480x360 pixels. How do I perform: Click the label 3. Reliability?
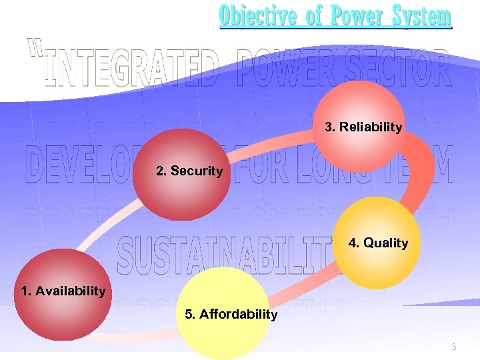(x=363, y=127)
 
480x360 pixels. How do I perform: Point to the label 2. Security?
(x=189, y=171)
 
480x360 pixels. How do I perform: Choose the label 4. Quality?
(x=378, y=243)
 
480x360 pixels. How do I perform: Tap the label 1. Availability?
(x=63, y=291)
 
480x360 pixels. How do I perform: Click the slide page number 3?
(x=454, y=347)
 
